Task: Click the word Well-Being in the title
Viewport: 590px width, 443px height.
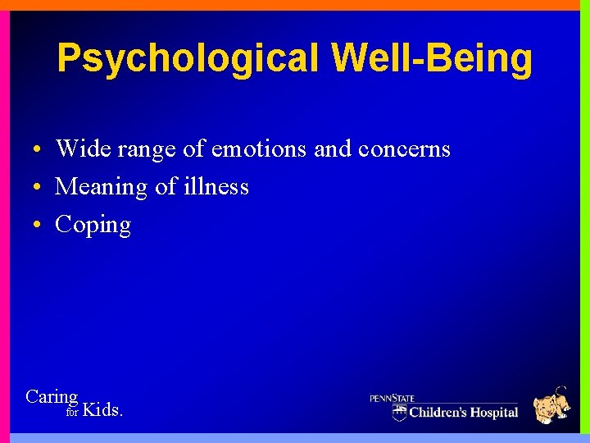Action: pos(432,59)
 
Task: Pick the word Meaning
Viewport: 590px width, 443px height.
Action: pos(101,188)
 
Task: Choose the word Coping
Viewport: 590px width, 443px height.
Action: pos(93,226)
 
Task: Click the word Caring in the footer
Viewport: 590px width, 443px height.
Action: pos(52,398)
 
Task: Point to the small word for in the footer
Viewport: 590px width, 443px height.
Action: pos(72,413)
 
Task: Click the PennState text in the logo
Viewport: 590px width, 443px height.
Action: pos(393,399)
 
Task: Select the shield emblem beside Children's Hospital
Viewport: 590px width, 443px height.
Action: pos(399,412)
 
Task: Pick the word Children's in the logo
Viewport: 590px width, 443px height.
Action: pos(439,412)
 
